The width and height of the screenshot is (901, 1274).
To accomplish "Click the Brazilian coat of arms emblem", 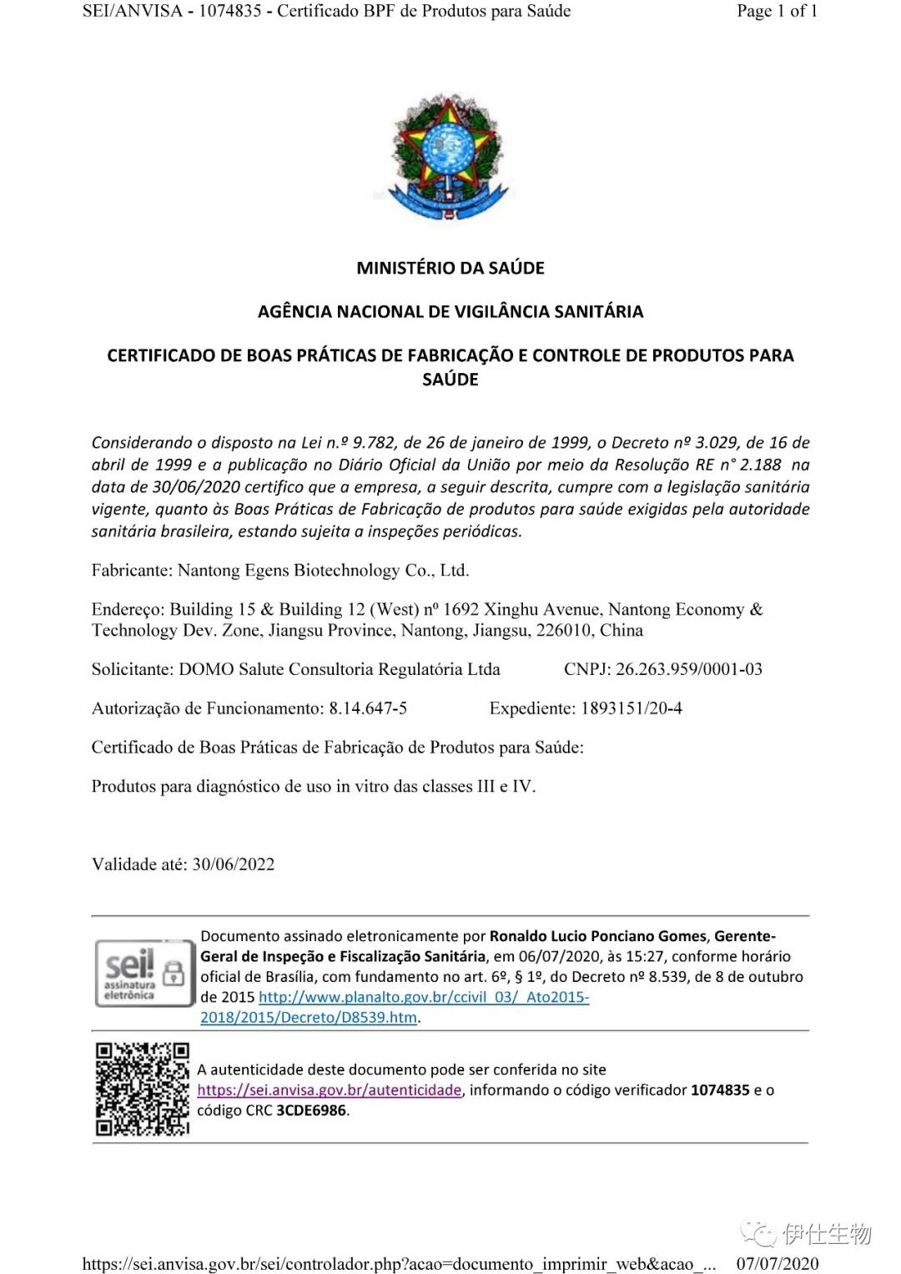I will [449, 158].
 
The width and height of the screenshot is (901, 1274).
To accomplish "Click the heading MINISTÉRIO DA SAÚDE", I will [450, 268].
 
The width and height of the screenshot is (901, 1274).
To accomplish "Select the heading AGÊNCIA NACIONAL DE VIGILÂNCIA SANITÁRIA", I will [450, 312].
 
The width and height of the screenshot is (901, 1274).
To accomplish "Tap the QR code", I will [142, 1089].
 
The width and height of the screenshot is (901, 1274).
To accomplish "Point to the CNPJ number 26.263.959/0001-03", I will [688, 669].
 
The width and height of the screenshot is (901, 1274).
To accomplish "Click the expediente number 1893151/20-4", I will [632, 708].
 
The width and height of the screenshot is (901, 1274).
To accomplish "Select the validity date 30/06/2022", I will [234, 864].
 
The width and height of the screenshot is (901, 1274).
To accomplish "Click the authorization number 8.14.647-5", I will [368, 708].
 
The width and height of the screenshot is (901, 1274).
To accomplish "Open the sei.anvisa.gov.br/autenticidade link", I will [330, 1090].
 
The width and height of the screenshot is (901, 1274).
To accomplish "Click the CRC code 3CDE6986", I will [311, 1110].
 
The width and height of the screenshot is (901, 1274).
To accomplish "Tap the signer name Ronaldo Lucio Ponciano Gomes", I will [597, 936].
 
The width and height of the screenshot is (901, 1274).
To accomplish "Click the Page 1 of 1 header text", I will [777, 11].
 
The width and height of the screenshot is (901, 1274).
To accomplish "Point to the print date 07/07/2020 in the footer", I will [778, 1263].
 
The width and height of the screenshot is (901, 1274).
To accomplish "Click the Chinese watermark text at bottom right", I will [826, 1233].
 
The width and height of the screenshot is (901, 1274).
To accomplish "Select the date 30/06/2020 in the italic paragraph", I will [197, 487].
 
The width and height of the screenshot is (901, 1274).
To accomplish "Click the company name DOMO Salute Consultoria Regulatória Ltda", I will [340, 669].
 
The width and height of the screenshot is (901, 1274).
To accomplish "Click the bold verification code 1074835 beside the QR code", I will [720, 1090].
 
